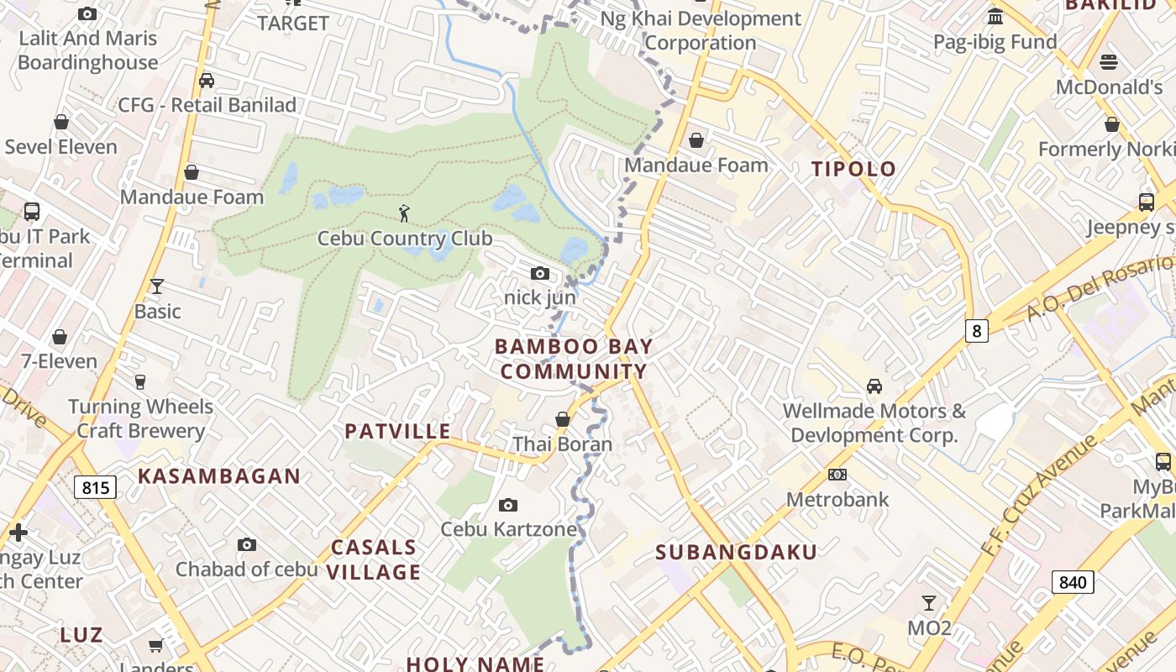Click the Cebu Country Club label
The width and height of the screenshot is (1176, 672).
[404, 239]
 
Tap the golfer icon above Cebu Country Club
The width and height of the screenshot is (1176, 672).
[404, 213]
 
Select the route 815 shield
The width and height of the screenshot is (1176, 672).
[95, 487]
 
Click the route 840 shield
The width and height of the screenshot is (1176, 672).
[1073, 582]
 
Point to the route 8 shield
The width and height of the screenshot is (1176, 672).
[976, 331]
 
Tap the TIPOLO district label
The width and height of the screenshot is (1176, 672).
[854, 169]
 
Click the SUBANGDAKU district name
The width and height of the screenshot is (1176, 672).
[736, 552]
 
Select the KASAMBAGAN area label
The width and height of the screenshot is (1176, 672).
[219, 476]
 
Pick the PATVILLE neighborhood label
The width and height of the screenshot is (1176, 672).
[398, 432]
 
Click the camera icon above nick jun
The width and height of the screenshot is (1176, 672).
[540, 273]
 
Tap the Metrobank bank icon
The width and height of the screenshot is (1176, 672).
[837, 475]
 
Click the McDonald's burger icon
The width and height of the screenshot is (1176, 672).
[1109, 62]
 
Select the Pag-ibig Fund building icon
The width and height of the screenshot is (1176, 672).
[995, 17]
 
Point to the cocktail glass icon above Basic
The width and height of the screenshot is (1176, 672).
[156, 286]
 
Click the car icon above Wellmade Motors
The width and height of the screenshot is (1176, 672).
[874, 386]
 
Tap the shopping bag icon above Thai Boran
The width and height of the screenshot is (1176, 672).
[563, 419]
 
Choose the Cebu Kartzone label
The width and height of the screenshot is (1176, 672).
[509, 529]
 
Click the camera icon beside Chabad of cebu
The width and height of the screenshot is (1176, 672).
[246, 545]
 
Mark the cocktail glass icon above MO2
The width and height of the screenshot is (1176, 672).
[929, 603]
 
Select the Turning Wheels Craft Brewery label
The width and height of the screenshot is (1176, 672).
[140, 418]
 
